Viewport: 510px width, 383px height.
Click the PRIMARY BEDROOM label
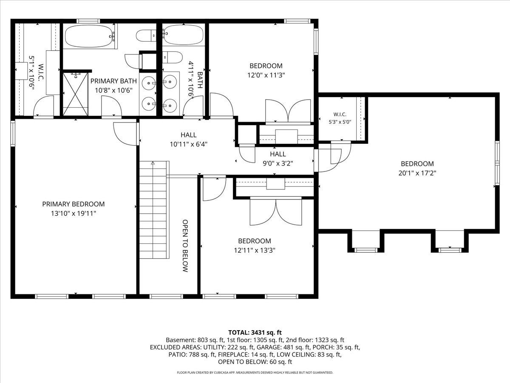coord(74,204)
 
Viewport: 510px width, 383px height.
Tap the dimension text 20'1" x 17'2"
coord(417,173)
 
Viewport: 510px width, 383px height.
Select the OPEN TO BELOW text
coord(185,246)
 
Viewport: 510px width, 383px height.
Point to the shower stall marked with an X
coord(76,94)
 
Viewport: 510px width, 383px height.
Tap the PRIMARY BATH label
coord(113,81)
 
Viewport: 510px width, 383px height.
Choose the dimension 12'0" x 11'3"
coord(266,75)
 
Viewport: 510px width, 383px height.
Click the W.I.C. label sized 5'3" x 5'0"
coord(340,114)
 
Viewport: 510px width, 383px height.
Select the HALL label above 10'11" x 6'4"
coord(188,134)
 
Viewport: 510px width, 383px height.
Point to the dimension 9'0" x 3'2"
coord(278,163)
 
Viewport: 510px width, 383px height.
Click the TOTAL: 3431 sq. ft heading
coord(255,332)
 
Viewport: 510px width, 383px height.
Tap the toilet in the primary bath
coord(146,36)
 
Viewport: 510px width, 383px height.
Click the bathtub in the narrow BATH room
coord(183,34)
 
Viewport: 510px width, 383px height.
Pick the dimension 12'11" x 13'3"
coord(255,250)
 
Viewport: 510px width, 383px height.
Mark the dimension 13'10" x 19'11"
coord(74,213)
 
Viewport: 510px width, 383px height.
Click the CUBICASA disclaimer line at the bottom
coord(255,372)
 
